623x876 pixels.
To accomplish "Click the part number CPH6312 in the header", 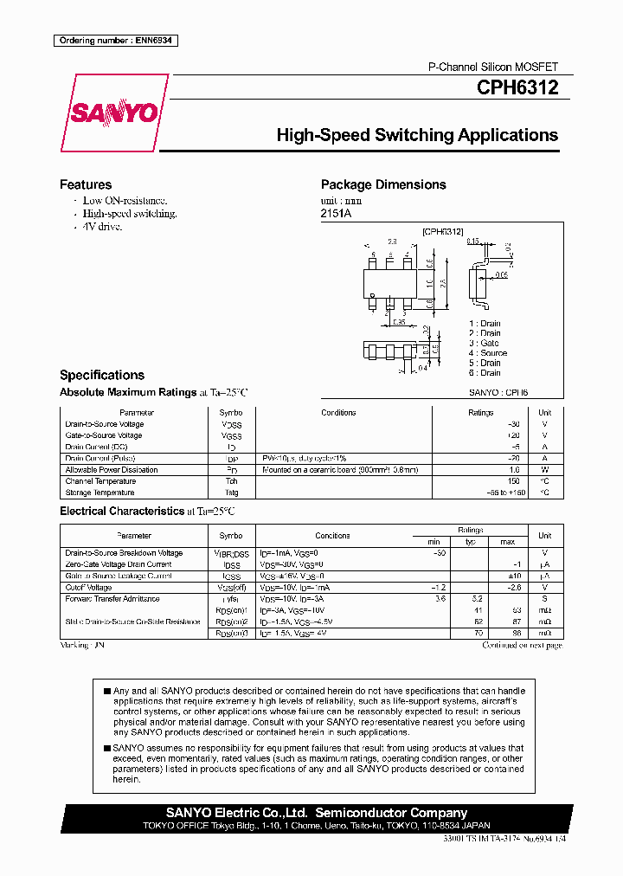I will [x=517, y=87].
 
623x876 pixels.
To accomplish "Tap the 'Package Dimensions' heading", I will [x=383, y=184].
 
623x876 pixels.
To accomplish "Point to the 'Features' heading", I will [x=86, y=184].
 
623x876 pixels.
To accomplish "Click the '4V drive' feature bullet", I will [x=102, y=226].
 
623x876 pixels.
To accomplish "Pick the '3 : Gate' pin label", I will [x=484, y=343].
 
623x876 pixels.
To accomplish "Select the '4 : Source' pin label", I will [x=487, y=353].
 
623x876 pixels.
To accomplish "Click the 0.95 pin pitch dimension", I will [x=399, y=322].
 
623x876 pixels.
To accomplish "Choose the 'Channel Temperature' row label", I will [x=100, y=481].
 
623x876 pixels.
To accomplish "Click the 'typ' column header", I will [x=471, y=541].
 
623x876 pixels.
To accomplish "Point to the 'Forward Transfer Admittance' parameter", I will [x=112, y=598].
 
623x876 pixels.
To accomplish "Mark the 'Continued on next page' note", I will [x=521, y=646].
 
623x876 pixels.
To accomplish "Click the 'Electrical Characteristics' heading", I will [x=121, y=511].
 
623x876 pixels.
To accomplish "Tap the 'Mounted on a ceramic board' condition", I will [x=339, y=470].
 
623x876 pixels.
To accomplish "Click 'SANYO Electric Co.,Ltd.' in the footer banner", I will [x=236, y=813].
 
